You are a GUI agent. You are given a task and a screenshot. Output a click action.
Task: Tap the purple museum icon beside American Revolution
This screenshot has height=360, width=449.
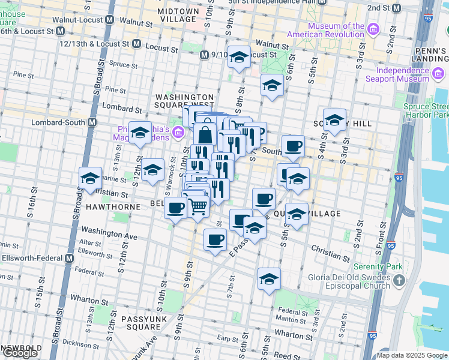[373, 29]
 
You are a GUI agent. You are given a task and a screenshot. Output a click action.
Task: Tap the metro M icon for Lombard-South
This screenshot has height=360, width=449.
[92, 122]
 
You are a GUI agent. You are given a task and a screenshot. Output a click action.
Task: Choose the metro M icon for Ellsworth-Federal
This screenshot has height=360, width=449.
[68, 258]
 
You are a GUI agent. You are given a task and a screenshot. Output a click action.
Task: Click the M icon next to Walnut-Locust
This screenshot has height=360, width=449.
[109, 19]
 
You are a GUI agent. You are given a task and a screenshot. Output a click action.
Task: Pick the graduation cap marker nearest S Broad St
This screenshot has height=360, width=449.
[91, 178]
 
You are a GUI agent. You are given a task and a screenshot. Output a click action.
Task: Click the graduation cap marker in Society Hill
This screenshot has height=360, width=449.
[334, 119]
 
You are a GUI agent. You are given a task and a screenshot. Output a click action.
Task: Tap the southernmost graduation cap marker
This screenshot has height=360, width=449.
[269, 278]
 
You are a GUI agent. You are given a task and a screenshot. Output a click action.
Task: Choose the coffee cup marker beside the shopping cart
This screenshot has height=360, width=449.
[175, 209]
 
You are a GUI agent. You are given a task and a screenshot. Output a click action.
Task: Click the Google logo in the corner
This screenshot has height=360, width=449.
[20, 353]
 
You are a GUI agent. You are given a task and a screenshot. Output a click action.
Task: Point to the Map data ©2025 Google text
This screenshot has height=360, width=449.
[411, 355]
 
